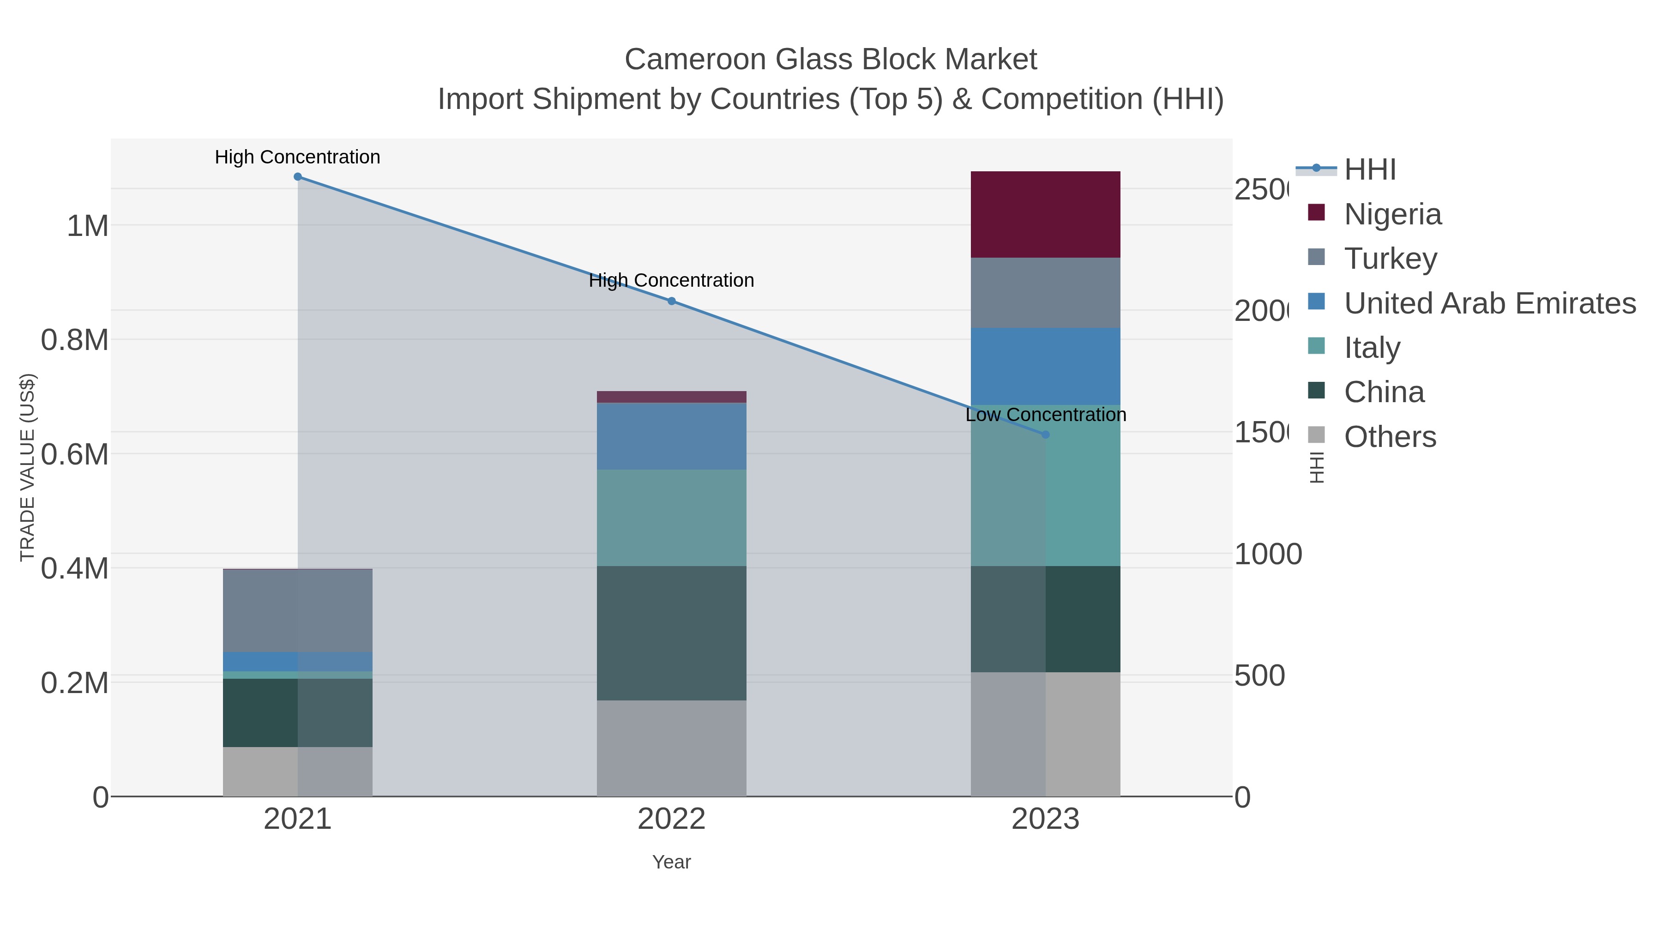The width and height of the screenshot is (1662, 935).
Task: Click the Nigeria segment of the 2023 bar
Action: coord(1045,214)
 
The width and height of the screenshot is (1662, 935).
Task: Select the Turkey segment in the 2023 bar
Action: coord(1045,292)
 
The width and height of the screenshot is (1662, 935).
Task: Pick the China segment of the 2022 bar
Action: coord(671,633)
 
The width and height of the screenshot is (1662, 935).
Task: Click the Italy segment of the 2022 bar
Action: coord(671,518)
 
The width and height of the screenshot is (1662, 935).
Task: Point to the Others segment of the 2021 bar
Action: coord(297,771)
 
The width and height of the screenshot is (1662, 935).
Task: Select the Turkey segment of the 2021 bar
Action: coord(297,610)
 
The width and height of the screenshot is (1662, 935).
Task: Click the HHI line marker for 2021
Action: coord(297,177)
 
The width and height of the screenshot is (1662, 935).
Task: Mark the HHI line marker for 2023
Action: coord(1046,435)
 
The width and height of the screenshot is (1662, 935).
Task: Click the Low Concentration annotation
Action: coord(1045,415)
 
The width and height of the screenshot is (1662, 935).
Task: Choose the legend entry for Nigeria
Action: coord(1392,214)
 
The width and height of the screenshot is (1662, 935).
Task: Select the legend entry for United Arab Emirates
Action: coord(1489,303)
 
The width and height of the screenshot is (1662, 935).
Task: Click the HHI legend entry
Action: coord(1370,170)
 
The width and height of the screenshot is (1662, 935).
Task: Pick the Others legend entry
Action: coord(1390,437)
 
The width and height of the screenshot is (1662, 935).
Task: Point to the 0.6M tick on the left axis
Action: coord(74,455)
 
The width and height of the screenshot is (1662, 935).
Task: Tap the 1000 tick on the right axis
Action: coord(1268,554)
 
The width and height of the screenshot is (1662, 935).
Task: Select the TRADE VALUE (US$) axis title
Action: coord(27,467)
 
